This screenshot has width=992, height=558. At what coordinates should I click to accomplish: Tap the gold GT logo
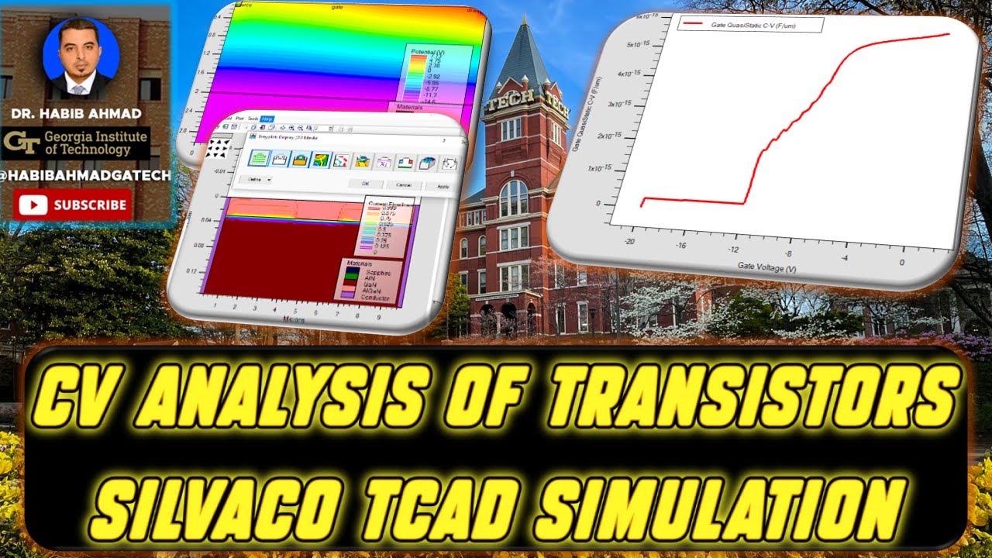[x=21, y=142]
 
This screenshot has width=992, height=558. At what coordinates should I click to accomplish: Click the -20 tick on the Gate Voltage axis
[x=629, y=241]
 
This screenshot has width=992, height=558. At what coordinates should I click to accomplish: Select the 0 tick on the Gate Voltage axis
[x=901, y=262]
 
